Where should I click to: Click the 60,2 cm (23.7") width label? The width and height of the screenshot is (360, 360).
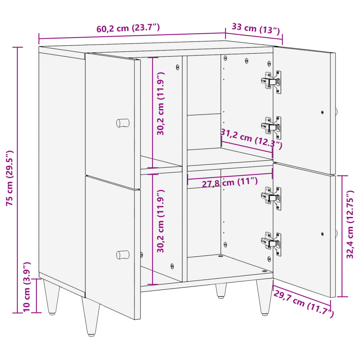coord(128,28)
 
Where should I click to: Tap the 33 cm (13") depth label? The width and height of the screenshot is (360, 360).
coord(256,28)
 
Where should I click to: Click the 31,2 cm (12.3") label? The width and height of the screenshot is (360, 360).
coord(251,138)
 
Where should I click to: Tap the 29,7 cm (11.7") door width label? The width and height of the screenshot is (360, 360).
coord(303,303)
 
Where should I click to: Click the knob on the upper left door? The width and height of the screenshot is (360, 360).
coord(123,123)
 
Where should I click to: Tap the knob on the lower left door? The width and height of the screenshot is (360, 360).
coord(123,255)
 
